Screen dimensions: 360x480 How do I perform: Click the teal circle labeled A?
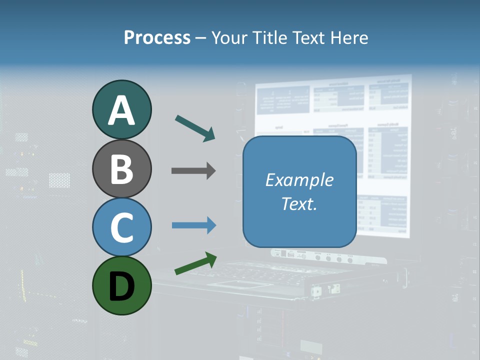(122, 110)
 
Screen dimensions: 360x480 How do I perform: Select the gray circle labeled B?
(122, 169)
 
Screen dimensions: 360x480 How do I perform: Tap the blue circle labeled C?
(122, 227)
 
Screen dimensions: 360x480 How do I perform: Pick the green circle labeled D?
(122, 285)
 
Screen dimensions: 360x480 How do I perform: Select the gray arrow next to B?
(193, 171)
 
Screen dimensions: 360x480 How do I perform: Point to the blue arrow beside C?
(193, 225)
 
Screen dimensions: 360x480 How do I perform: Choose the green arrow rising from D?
(195, 263)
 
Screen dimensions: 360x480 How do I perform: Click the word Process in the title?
(157, 37)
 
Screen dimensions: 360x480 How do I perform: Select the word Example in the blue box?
(299, 180)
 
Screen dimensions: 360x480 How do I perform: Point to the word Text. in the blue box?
(299, 203)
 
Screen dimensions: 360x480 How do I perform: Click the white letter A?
(122, 110)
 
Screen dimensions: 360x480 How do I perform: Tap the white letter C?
(122, 227)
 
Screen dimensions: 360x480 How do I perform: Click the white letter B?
(122, 169)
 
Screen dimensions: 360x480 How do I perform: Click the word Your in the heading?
(228, 37)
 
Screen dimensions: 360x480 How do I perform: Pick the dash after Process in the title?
(200, 38)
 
